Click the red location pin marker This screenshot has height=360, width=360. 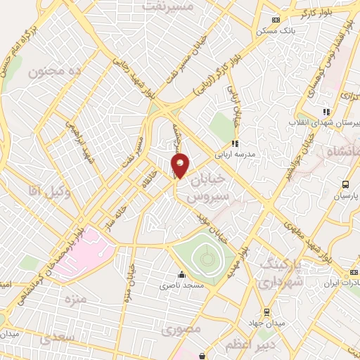pyautogui.click(x=180, y=165)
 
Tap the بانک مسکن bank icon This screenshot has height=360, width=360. pyautogui.click(x=276, y=20)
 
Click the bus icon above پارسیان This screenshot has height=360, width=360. pyautogui.click(x=345, y=185)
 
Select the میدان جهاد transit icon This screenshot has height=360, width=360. pyautogui.click(x=266, y=311)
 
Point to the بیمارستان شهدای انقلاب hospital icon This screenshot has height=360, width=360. pyautogui.click(x=326, y=112)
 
